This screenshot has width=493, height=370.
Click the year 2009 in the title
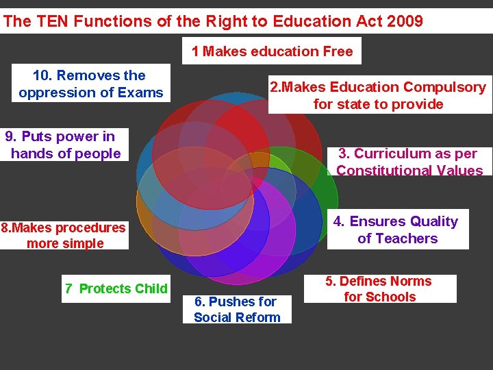point(405,21)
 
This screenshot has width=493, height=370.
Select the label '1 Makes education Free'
point(272,51)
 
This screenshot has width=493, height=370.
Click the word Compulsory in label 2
point(444,87)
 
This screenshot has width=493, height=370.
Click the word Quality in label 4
point(430,221)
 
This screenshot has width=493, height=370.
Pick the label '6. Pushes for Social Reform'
point(237,309)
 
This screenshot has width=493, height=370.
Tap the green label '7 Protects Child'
point(116,288)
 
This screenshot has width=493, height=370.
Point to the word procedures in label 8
point(90,227)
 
